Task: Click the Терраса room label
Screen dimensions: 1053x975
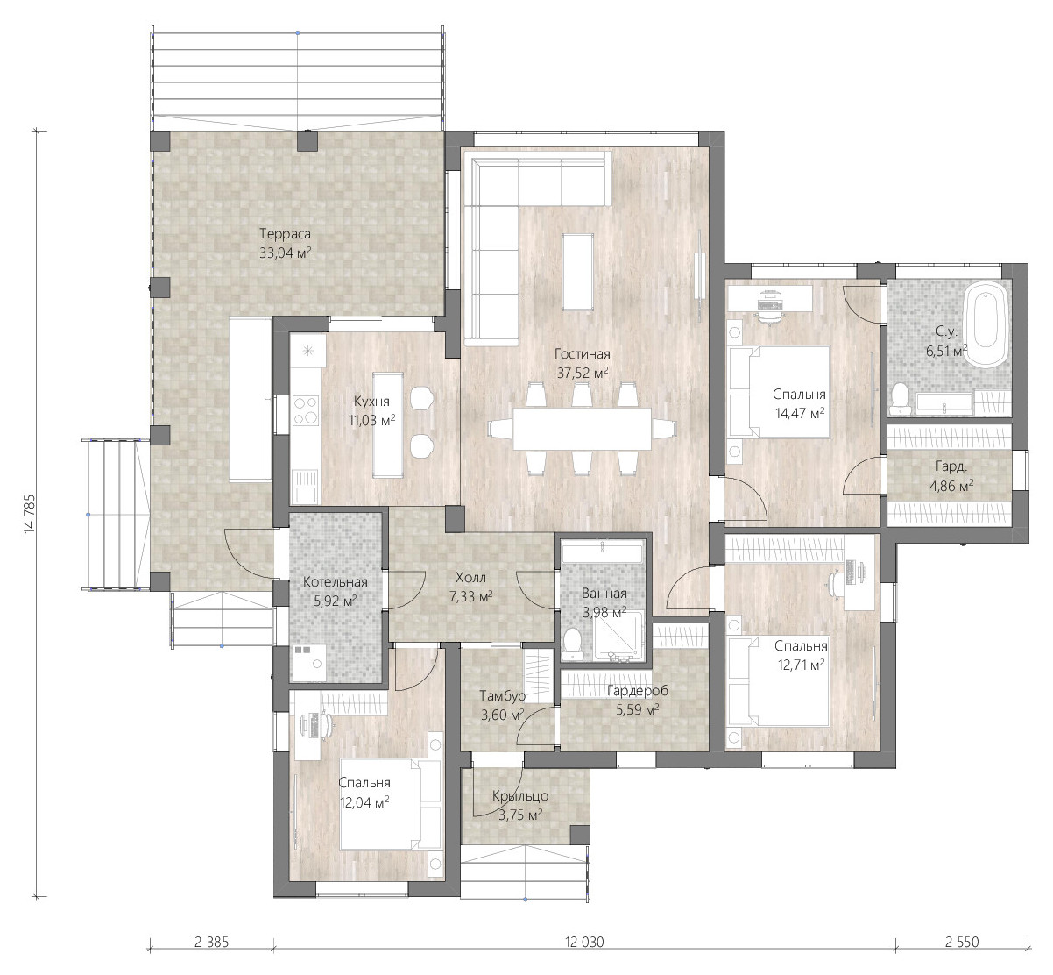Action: [x=285, y=233]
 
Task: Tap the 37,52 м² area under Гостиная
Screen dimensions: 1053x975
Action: [x=583, y=373]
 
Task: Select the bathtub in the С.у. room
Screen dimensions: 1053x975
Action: [x=986, y=324]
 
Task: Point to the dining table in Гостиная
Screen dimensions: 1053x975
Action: [x=582, y=429]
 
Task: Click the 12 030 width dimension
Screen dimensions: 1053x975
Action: [x=584, y=942]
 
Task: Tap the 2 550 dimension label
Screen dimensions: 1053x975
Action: [x=962, y=942]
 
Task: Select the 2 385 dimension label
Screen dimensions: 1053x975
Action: [x=211, y=942]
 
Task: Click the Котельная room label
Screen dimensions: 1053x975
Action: [x=336, y=581]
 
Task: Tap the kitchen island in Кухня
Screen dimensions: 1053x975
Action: [x=387, y=424]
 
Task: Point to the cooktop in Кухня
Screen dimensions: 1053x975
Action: [x=306, y=411]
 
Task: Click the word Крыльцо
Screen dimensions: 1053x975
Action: [x=520, y=796]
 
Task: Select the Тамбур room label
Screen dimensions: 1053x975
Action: [x=502, y=695]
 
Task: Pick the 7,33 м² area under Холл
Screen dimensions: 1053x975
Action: [x=470, y=596]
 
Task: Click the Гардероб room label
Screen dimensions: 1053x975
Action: [x=637, y=691]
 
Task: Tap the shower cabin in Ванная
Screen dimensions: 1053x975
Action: [x=618, y=637]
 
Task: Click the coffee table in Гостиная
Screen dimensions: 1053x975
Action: [x=577, y=272]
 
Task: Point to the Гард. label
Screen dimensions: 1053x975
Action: [x=951, y=466]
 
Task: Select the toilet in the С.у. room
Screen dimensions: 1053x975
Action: [x=899, y=398]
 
